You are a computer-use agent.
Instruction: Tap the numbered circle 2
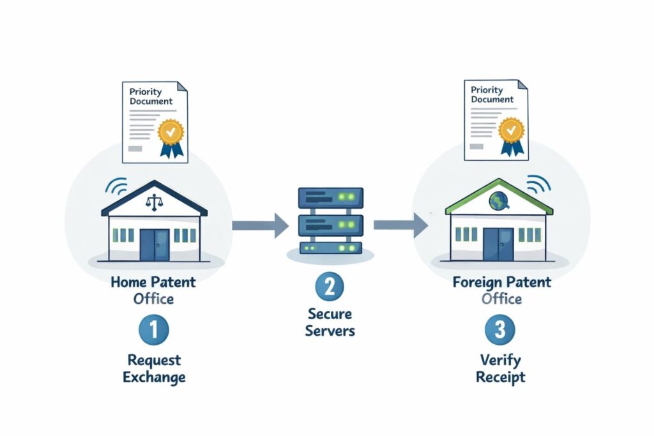click(x=330, y=287)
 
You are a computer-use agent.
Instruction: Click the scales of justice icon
click(x=154, y=202)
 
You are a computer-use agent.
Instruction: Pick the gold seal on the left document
click(x=171, y=132)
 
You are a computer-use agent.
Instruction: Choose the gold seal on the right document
click(x=511, y=130)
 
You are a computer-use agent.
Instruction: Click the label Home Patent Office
click(x=154, y=289)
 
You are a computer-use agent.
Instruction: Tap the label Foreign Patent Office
click(x=501, y=289)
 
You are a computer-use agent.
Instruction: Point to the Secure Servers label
click(x=330, y=322)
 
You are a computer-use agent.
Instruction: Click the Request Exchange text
click(x=154, y=368)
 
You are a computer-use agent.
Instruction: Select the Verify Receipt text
click(x=501, y=368)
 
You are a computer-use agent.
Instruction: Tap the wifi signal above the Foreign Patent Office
click(x=538, y=184)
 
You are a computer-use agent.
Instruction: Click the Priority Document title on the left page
click(x=151, y=96)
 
